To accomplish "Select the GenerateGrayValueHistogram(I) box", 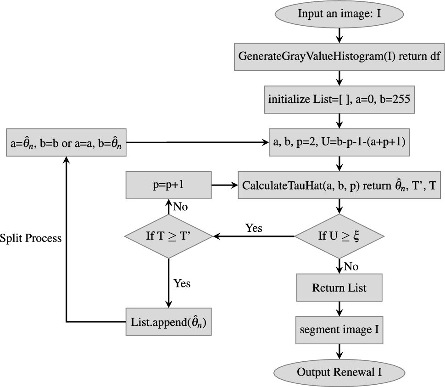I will [339, 56].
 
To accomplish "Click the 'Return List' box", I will [339, 288].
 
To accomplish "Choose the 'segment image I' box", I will [339, 329].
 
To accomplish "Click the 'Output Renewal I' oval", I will [339, 372].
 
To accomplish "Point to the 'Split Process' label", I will [31, 239].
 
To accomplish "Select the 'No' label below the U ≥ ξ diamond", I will [351, 266].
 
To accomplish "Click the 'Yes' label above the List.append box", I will [182, 283].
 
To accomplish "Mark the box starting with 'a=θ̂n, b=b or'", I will [67, 142].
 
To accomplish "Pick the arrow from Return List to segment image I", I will [339, 308].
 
